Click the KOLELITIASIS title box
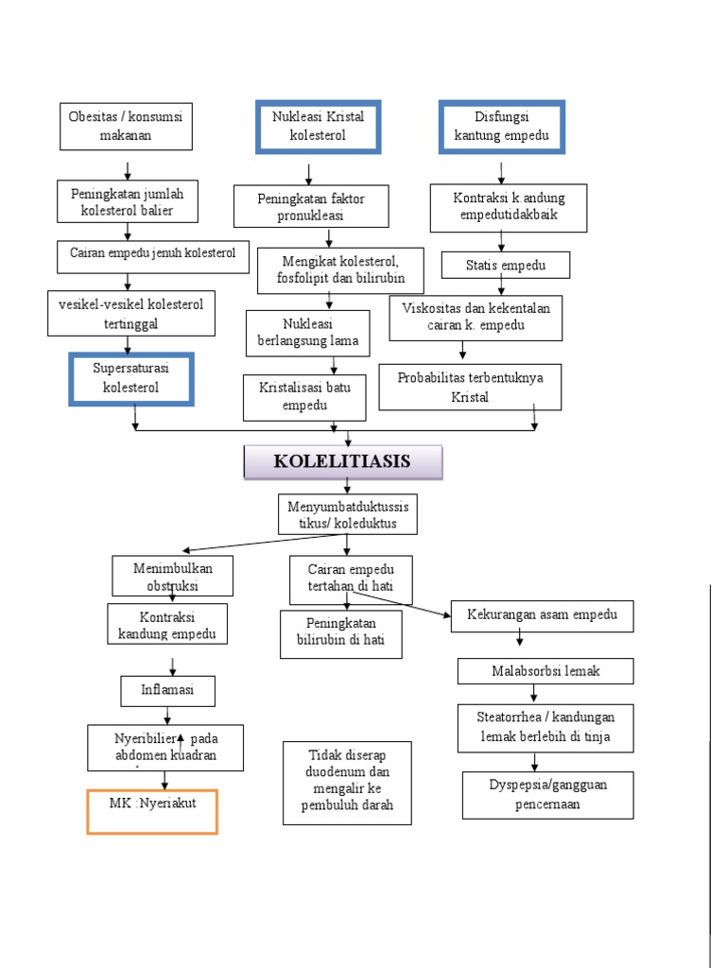pos(342,462)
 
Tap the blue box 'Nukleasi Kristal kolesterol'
pos(318,127)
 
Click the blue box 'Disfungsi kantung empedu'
pos(501,127)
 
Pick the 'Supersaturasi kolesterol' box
pos(131,378)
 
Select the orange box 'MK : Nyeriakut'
pos(152,811)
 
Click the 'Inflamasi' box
pos(167,691)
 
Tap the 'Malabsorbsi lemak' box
pos(545,671)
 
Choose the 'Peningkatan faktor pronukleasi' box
pos(311,206)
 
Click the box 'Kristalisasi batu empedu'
pos(304,397)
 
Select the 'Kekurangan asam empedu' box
pos(542,615)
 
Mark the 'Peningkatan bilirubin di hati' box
pos(341,633)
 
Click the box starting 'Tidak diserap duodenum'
pos(347,782)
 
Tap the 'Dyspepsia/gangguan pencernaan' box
pos(547,795)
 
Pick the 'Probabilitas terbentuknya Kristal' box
pos(470,387)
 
